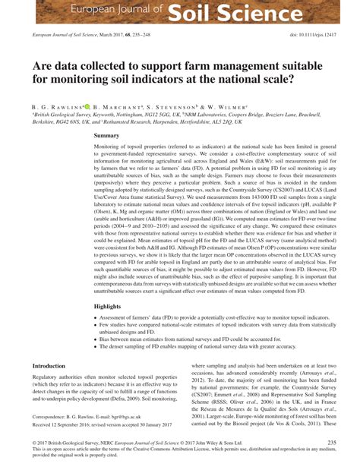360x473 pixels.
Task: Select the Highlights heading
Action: tap(109, 307)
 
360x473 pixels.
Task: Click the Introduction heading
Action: tap(49, 366)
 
